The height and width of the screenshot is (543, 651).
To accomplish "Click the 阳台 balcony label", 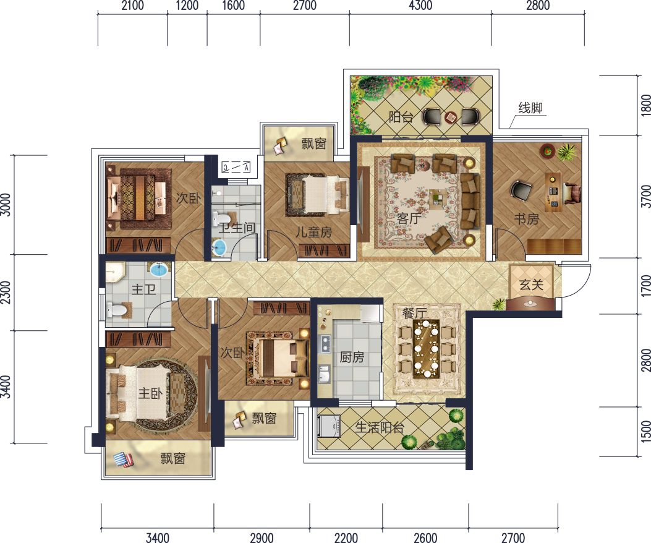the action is [401, 117].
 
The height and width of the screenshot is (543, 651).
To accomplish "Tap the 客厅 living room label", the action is [409, 218].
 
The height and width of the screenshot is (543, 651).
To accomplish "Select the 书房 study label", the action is [527, 218].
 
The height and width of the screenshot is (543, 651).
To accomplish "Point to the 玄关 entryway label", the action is [532, 284].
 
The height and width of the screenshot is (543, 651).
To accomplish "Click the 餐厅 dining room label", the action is [414, 313].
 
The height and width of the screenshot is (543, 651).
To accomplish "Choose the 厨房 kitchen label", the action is [352, 357].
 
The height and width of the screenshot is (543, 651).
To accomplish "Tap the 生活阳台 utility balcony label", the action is [380, 427].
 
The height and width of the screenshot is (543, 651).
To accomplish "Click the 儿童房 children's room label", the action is [314, 232].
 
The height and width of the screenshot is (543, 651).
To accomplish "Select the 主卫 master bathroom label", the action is [143, 289].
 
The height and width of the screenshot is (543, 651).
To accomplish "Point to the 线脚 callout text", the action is [530, 108].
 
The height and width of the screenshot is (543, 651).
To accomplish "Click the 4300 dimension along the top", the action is [420, 6].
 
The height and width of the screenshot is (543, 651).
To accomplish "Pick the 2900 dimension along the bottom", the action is [262, 537].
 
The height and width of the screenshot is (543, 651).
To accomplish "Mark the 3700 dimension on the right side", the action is [645, 196].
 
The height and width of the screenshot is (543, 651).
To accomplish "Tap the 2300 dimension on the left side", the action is [6, 293].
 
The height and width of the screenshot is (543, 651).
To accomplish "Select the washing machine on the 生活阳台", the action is [329, 426].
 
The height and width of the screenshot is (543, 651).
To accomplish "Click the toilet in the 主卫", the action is [117, 309].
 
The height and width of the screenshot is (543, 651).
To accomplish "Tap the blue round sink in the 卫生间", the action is [218, 247].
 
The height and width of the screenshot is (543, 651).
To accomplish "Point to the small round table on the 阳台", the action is [451, 118].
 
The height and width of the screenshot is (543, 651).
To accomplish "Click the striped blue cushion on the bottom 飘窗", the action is [123, 460].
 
